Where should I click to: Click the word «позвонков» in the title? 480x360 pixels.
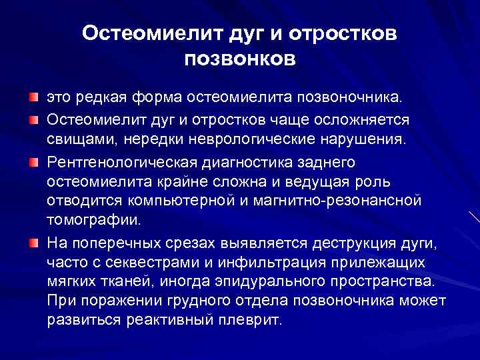point(240,59)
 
